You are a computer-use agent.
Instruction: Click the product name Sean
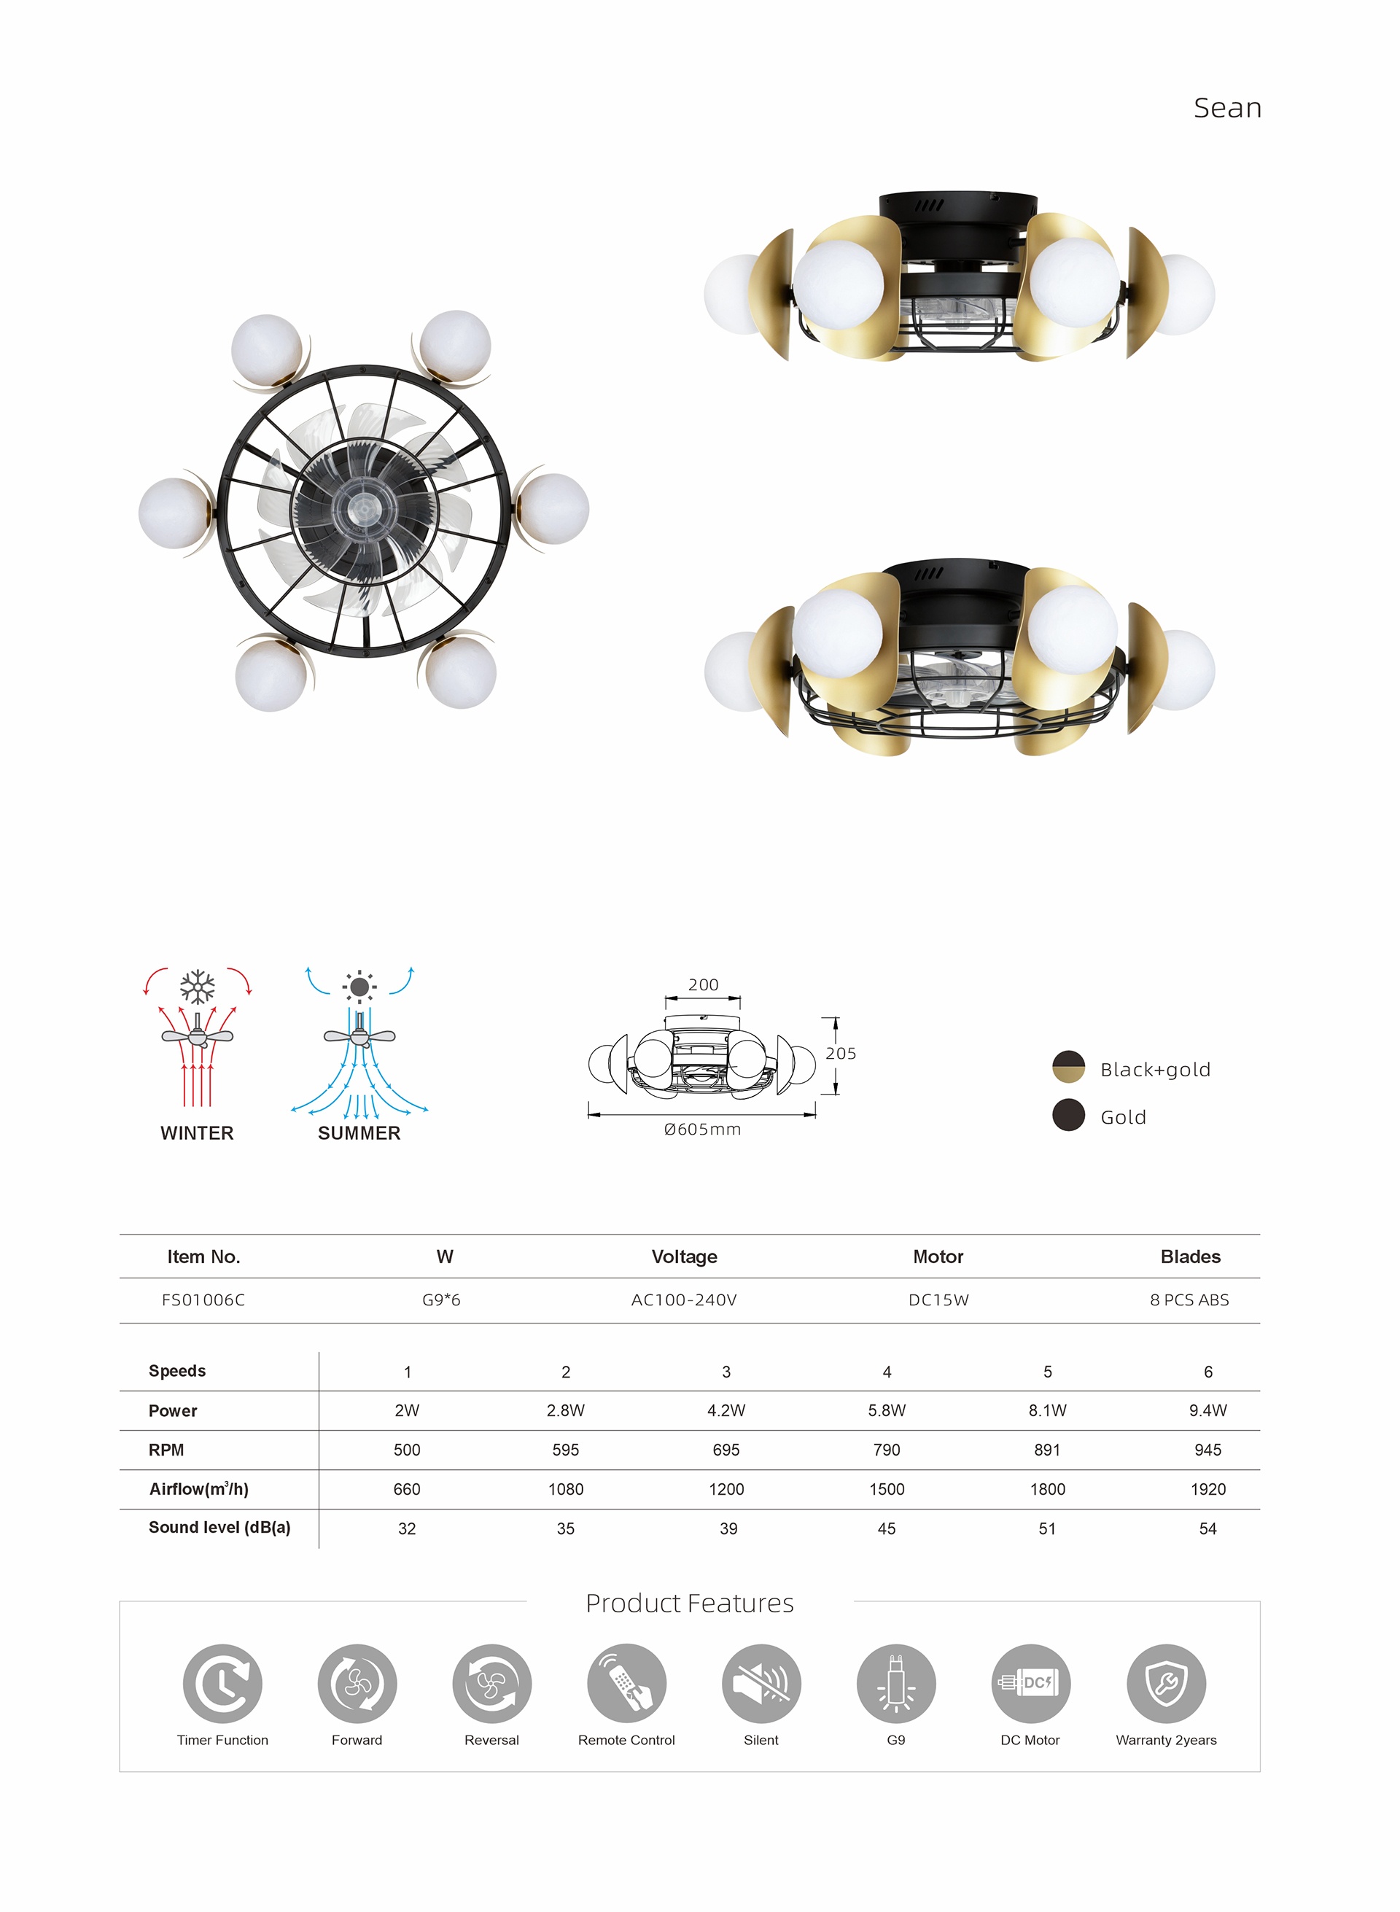tap(1227, 109)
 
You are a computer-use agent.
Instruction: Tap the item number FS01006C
tap(203, 1300)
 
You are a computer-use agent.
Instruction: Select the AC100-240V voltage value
tap(684, 1300)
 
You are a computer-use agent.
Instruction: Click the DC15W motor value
tap(938, 1300)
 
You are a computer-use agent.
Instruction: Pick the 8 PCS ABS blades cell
tap(1189, 1300)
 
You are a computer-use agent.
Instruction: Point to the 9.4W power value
tap(1207, 1410)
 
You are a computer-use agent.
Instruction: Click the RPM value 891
tap(1048, 1450)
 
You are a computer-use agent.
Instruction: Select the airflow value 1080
tap(566, 1489)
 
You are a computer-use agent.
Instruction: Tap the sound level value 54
tap(1207, 1529)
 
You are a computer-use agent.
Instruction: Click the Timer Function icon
tap(223, 1683)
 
